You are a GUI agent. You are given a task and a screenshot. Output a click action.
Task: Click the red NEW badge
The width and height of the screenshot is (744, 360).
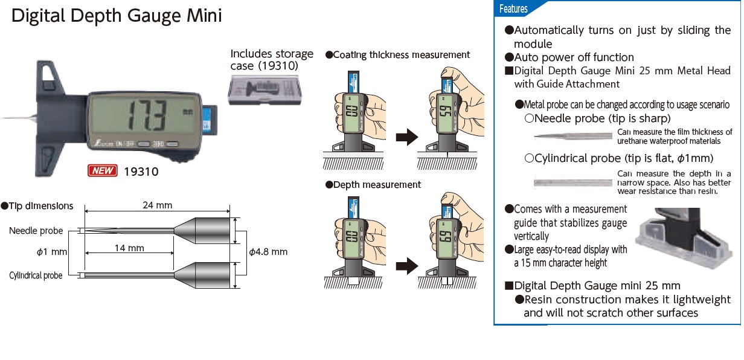[103, 171]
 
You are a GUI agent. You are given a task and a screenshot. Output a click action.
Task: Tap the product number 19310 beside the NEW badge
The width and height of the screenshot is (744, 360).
[141, 172]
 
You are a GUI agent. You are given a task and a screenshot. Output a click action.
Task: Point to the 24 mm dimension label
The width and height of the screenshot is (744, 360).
[157, 205]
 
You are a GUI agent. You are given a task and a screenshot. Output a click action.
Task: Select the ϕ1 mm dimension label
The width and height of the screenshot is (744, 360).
[51, 251]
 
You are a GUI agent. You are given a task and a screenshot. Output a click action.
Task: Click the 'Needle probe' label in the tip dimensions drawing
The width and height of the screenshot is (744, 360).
[36, 231]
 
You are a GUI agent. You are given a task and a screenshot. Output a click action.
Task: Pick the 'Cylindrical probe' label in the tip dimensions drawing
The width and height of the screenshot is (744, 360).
[36, 275]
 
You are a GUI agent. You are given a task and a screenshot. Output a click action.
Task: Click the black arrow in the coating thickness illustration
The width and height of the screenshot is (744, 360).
[406, 138]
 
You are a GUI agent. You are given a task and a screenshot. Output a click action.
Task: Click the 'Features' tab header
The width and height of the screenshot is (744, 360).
[514, 9]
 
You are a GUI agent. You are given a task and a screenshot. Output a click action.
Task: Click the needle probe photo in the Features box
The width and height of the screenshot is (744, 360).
[574, 136]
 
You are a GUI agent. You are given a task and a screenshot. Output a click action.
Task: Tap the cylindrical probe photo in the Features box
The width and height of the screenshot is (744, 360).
[574, 181]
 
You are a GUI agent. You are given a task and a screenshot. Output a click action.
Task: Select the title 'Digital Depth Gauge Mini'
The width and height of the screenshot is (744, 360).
[117, 16]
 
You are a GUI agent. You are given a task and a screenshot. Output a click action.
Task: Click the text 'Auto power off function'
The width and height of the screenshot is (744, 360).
[574, 57]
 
